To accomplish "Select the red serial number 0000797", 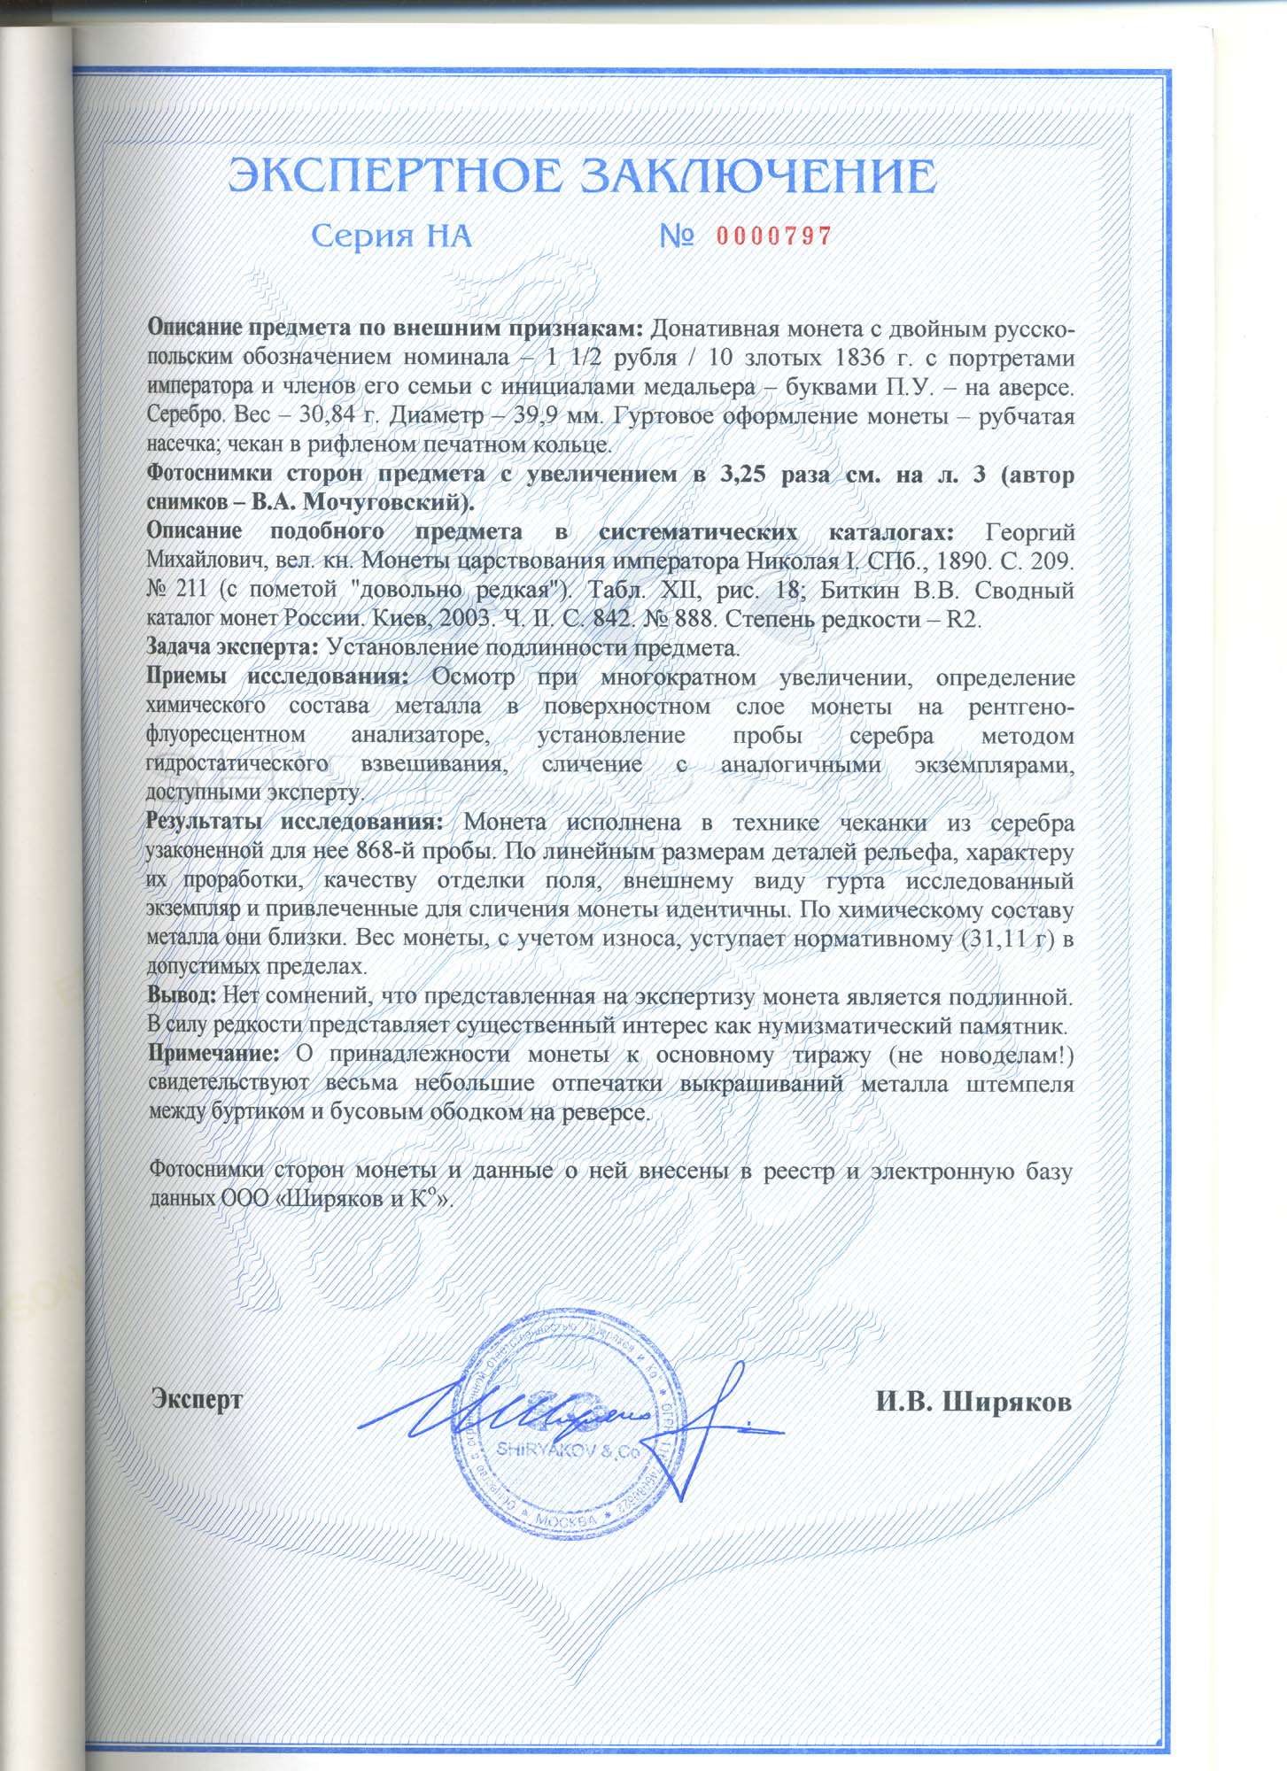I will click(x=773, y=236).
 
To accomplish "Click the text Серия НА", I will click(x=392, y=236).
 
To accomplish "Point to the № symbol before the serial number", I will click(x=676, y=236).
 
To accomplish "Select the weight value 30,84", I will click(x=323, y=415).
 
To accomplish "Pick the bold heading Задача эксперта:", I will click(x=232, y=647).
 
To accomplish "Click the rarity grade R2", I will click(x=964, y=618).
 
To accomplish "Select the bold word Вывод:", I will click(x=182, y=996).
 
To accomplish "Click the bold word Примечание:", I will click(x=213, y=1055).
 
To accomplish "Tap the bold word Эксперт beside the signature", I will click(x=197, y=1400).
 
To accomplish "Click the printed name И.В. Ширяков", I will click(x=974, y=1402).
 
